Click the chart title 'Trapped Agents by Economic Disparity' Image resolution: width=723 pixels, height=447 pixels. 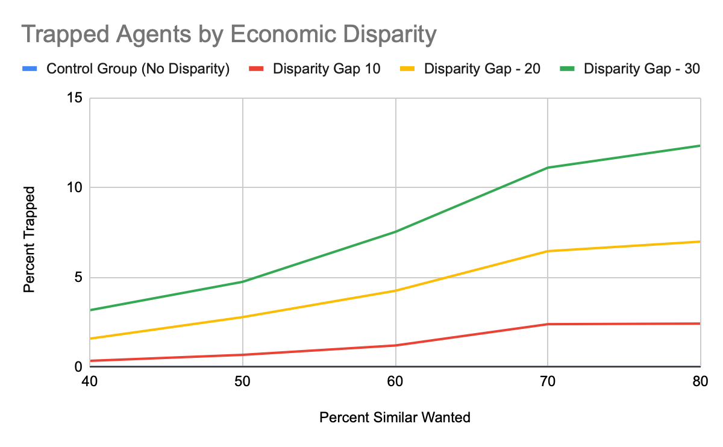click(x=229, y=34)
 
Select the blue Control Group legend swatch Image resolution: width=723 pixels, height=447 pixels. click(x=30, y=69)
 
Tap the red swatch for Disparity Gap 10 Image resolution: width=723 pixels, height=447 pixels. click(x=256, y=69)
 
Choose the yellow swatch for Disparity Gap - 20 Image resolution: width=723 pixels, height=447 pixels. click(x=407, y=69)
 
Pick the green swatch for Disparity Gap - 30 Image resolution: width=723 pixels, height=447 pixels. click(x=567, y=69)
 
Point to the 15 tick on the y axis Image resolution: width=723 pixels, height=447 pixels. click(x=75, y=98)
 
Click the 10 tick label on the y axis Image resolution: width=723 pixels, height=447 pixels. click(x=75, y=187)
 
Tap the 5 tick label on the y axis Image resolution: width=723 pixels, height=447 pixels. click(x=78, y=277)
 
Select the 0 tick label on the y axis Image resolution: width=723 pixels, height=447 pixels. click(x=78, y=367)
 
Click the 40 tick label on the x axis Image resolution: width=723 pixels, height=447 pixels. click(x=89, y=381)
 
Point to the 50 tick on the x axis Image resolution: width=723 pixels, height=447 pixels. click(x=242, y=381)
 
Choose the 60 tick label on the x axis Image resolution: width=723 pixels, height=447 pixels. click(x=395, y=381)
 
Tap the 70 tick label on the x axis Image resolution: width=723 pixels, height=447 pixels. click(x=548, y=381)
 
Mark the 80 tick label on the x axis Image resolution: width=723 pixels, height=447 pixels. click(x=700, y=381)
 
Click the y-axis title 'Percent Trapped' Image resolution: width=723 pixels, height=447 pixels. click(x=29, y=240)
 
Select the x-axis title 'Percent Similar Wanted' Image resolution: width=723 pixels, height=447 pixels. click(x=395, y=417)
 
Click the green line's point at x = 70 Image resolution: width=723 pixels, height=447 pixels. click(x=548, y=167)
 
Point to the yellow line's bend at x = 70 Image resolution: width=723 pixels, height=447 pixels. click(x=548, y=251)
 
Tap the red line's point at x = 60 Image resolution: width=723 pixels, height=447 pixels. click(x=395, y=345)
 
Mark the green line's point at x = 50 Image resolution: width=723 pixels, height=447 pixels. click(x=243, y=282)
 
